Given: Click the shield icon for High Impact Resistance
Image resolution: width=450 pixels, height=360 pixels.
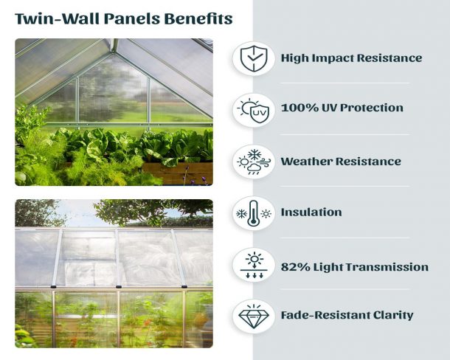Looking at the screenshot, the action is pos(254,59).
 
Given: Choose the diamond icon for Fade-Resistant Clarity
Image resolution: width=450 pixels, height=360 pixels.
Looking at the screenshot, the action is pos(254,316).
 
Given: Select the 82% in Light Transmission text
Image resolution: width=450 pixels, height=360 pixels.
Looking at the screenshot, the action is pos(295,267).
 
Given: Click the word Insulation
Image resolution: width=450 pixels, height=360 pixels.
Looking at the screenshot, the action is pos(311,212).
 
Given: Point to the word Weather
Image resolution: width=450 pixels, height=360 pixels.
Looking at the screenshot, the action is pos(306,162).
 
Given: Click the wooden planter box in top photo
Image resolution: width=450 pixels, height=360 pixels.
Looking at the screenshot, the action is pos(178,172).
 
